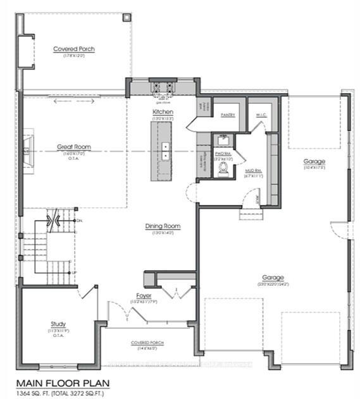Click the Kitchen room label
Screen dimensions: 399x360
[x=163, y=112]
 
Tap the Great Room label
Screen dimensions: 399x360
[x=74, y=147]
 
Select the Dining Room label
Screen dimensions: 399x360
[x=163, y=226]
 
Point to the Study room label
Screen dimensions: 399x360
[x=58, y=324]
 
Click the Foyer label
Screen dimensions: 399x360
[x=144, y=295]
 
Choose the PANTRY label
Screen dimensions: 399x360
[x=228, y=115]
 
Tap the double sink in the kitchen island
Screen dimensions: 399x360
[x=164, y=150]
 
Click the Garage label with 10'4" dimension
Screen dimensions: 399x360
[x=314, y=161]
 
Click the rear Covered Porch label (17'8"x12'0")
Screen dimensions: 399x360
[x=74, y=49]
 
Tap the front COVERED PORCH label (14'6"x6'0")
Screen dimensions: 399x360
[x=147, y=342]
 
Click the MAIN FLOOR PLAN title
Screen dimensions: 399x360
[x=62, y=383]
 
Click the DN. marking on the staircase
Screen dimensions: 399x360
[x=79, y=220]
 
